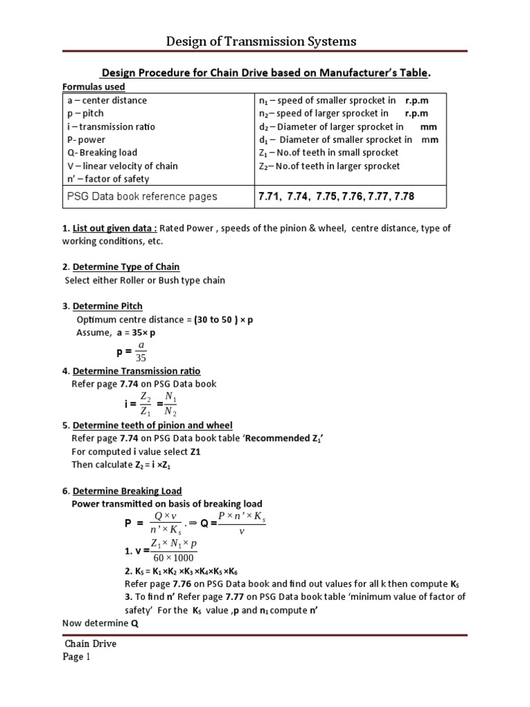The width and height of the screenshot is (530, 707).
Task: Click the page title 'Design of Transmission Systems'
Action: [x=262, y=41]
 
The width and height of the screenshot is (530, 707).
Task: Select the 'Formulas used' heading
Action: [x=94, y=87]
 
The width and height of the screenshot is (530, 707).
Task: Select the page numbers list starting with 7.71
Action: [x=336, y=197]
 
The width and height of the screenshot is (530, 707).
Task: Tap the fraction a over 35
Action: [x=141, y=351]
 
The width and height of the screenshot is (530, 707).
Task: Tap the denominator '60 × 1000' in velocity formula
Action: [x=173, y=558]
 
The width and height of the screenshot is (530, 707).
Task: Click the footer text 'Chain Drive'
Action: [x=90, y=643]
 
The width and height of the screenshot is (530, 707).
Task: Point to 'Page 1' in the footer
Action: [x=78, y=657]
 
